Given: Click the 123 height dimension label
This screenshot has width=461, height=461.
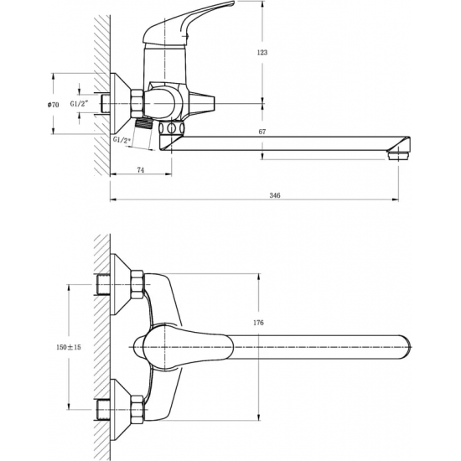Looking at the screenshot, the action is coord(262,53).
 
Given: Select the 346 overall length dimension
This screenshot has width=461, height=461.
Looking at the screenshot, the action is coord(275,195).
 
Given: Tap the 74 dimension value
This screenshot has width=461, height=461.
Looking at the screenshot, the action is coord(141,170).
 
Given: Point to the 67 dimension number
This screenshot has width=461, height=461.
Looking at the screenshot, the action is coord(262,132).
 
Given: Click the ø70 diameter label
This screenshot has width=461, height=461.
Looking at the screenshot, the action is coord(53,105).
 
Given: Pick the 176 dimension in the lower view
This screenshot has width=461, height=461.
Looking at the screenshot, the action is coord(258,323).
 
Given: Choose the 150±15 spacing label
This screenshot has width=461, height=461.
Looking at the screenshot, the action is coord(69,347).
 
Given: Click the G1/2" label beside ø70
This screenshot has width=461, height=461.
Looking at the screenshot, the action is coord(79,104).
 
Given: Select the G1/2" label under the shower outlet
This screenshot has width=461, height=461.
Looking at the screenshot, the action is coord(122,140).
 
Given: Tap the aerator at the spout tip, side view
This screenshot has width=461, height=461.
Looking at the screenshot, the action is coord(398,155).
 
